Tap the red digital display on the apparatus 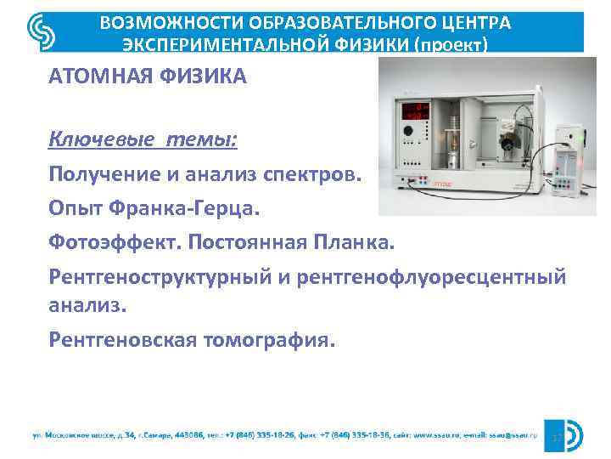(x=414, y=108)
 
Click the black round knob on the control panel (x=413, y=132)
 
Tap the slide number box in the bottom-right (x=558, y=436)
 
